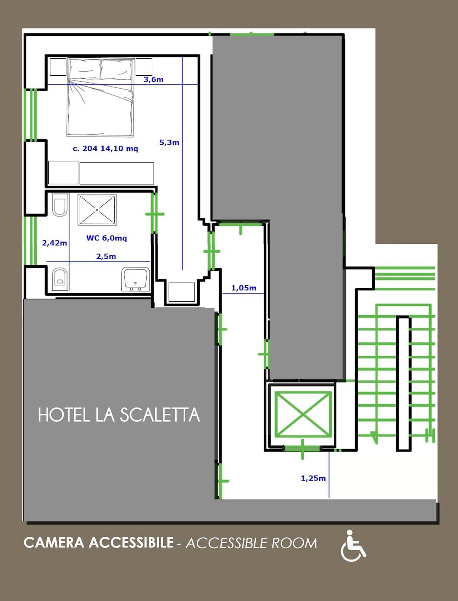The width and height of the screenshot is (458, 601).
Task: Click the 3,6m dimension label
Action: click(153, 79)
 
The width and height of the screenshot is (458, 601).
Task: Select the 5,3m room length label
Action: click(169, 142)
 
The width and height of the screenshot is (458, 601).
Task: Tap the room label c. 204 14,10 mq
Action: click(105, 148)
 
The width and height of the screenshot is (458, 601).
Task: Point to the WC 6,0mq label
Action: click(107, 238)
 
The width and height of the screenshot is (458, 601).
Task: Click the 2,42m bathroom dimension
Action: click(55, 243)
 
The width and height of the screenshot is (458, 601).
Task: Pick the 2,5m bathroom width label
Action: click(106, 256)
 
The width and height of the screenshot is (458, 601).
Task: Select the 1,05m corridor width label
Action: click(244, 288)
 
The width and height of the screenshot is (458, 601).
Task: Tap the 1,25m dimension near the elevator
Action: click(313, 478)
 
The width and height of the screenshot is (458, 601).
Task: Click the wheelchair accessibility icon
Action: click(353, 546)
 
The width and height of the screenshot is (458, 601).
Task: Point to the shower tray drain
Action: click(97, 210)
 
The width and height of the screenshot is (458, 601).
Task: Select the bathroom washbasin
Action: click(135, 279)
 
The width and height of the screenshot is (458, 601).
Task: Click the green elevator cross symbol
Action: click(303, 414)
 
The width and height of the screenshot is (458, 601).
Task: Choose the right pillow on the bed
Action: click(117, 70)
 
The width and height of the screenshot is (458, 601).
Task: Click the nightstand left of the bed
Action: click(58, 66)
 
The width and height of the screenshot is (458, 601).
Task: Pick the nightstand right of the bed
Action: click(144, 66)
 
